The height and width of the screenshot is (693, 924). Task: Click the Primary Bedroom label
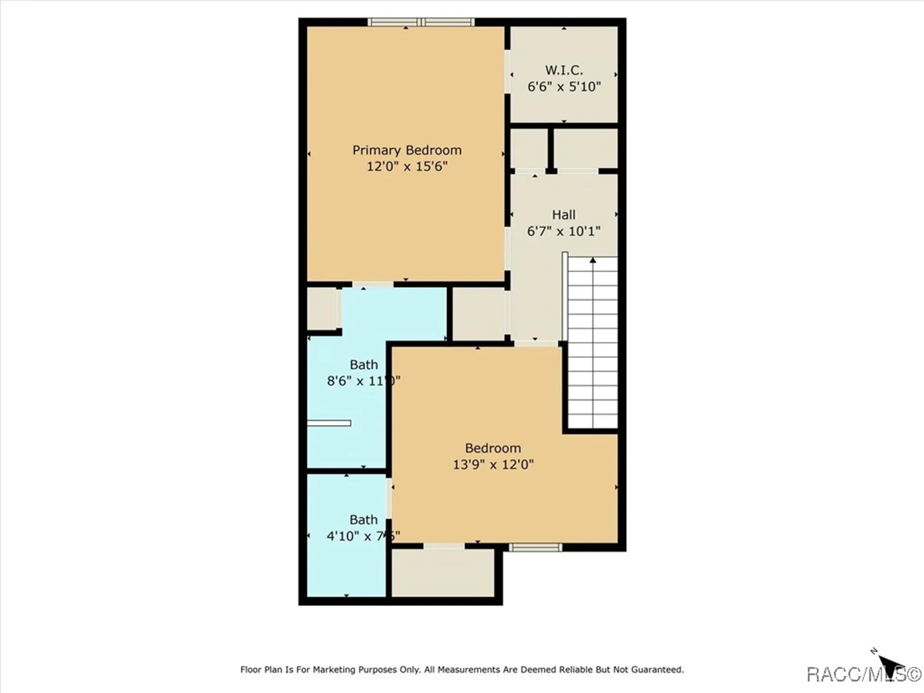pyautogui.click(x=407, y=150)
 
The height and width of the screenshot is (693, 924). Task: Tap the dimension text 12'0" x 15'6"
pyautogui.click(x=407, y=166)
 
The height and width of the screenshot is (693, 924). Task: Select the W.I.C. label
pyautogui.click(x=564, y=70)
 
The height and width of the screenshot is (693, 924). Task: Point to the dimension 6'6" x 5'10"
pyautogui.click(x=564, y=86)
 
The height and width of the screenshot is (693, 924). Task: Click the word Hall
pyautogui.click(x=564, y=215)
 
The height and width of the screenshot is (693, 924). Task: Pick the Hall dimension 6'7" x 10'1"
pyautogui.click(x=564, y=231)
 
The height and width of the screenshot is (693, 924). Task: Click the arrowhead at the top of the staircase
pyautogui.click(x=593, y=261)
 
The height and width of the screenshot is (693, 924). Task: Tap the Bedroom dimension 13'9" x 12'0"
pyautogui.click(x=493, y=464)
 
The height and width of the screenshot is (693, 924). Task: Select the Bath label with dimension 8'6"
pyautogui.click(x=364, y=365)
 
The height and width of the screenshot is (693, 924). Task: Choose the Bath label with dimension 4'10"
pyautogui.click(x=364, y=520)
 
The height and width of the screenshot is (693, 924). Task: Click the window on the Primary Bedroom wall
pyautogui.click(x=421, y=22)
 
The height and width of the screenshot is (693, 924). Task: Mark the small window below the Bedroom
pyautogui.click(x=535, y=547)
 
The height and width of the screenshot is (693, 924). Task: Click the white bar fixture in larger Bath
pyautogui.click(x=329, y=423)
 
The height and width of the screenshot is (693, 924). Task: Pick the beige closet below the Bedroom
pyautogui.click(x=443, y=573)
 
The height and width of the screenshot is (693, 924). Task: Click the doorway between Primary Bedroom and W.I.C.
pyautogui.click(x=507, y=72)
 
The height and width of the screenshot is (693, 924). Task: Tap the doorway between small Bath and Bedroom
pyautogui.click(x=389, y=498)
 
